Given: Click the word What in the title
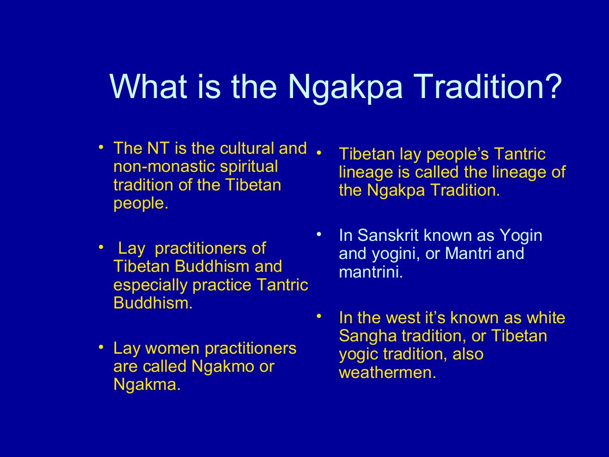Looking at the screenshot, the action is click(148, 86).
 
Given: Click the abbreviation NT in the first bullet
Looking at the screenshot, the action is click(158, 148).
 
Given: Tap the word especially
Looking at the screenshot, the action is click(150, 286).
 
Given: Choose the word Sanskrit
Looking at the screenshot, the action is click(388, 235).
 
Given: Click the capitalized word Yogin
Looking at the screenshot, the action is click(521, 236).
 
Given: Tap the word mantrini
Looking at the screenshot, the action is click(371, 272).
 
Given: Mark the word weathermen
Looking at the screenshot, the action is click(387, 372).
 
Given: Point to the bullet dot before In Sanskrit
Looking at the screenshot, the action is click(319, 235).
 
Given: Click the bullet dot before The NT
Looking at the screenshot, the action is click(101, 147).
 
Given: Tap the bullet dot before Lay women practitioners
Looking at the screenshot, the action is click(101, 347).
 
